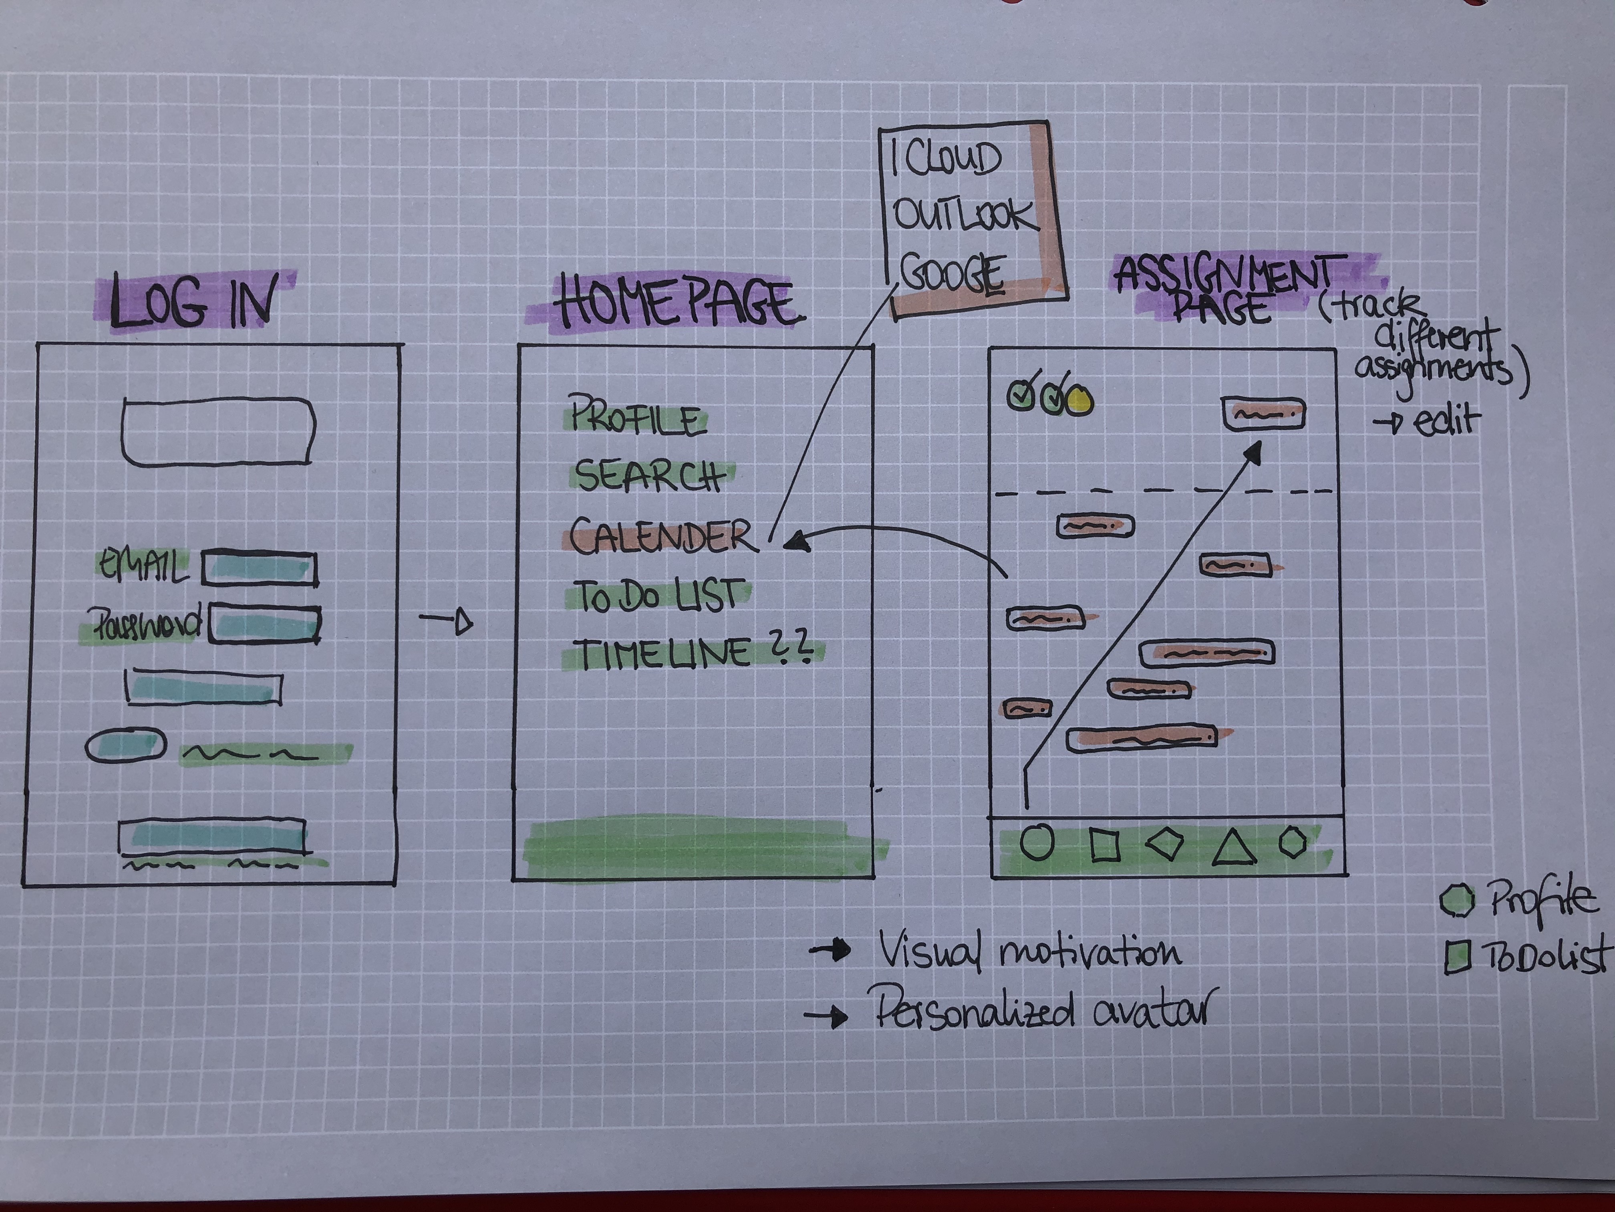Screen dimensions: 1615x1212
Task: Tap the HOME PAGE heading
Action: [x=675, y=302]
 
